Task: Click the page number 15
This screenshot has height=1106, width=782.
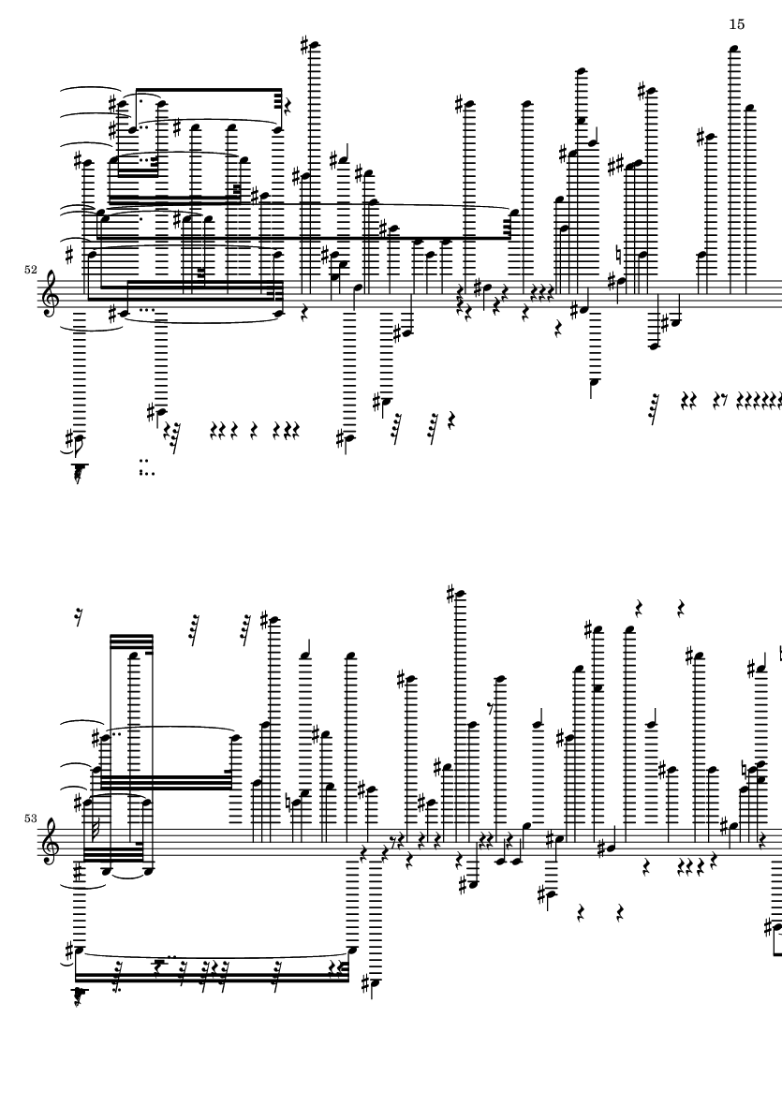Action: coord(736,23)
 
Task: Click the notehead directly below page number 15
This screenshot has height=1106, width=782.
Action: coord(735,49)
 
